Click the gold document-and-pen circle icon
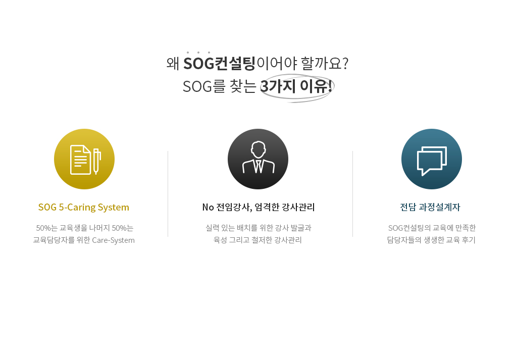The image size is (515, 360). [84, 159]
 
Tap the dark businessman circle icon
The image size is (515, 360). [258, 159]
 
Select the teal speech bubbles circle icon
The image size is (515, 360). [432, 159]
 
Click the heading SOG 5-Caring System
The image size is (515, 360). [84, 207]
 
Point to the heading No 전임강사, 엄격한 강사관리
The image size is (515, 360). [259, 207]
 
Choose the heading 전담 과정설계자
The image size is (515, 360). [430, 207]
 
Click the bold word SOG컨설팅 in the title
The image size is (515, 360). [219, 63]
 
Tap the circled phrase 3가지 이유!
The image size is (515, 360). [296, 86]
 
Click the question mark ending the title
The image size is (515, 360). [345, 63]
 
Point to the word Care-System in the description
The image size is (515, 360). [113, 240]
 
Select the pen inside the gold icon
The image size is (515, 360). [96, 161]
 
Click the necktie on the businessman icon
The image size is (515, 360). [258, 166]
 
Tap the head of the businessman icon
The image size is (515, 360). [258, 149]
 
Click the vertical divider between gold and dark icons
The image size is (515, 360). [168, 194]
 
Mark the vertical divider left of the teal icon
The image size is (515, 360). [353, 194]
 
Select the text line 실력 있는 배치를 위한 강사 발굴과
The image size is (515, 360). [258, 228]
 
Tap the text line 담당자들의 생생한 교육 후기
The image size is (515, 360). [431, 240]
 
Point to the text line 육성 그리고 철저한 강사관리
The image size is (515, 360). [257, 240]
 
